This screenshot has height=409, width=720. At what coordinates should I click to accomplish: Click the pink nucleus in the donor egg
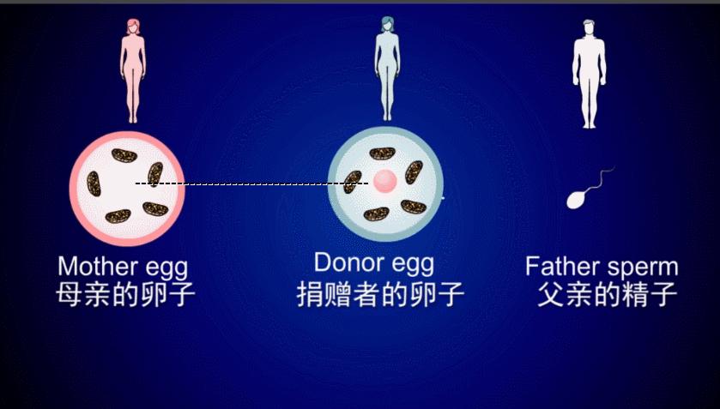[x=385, y=181]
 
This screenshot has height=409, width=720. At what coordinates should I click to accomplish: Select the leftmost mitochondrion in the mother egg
[x=93, y=183]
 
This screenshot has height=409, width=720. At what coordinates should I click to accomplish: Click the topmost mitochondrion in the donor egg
[x=381, y=153]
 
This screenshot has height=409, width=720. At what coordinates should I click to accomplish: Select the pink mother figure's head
[x=133, y=27]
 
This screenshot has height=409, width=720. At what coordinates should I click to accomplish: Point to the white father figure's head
[x=588, y=27]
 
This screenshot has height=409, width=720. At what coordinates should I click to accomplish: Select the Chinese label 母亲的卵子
[x=125, y=295]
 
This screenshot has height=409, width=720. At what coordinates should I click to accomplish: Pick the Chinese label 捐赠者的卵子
[x=380, y=295]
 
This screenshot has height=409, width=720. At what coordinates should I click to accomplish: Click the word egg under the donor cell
[x=408, y=264]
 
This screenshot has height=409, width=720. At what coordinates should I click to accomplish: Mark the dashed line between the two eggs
[x=249, y=183]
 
